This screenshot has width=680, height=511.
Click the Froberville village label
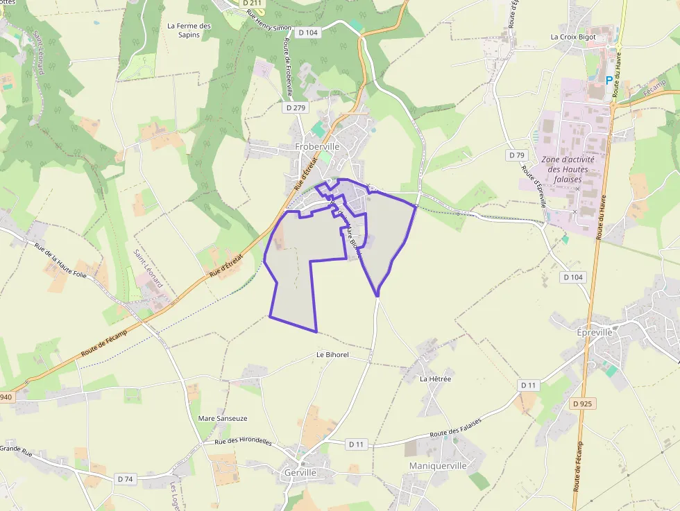[317, 147]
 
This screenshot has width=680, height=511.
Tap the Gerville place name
[300, 473]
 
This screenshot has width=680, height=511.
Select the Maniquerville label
[438, 465]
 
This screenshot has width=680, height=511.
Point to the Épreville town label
[595, 332]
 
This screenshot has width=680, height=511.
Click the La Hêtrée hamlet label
[436, 379]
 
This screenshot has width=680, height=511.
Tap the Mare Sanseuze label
[223, 418]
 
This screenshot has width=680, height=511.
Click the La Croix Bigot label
[573, 37]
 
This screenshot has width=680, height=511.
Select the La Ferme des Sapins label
[189, 31]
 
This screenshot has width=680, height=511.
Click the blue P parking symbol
[609, 80]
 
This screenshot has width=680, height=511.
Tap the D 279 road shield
[296, 107]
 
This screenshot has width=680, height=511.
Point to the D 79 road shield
[516, 155]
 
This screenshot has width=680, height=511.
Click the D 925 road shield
[584, 403]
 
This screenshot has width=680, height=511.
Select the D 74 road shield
[125, 478]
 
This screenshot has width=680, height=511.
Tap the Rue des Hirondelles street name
[243, 442]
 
